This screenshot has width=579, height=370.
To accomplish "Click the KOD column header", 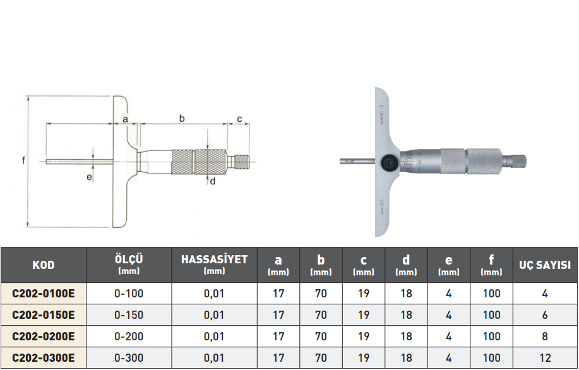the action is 43,265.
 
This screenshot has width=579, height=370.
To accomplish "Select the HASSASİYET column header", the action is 214,265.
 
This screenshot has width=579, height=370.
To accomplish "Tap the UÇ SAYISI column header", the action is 545,265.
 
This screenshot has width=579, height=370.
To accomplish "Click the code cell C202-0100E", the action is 43,294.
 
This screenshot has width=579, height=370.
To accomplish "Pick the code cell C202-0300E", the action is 43,358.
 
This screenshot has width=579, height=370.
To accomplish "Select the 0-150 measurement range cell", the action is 129,315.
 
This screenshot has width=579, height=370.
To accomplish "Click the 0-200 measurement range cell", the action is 129,337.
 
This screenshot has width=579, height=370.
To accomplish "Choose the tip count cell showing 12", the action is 545,358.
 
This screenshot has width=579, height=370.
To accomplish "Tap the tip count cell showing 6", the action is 545,315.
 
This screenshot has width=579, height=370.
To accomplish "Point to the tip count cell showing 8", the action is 545,337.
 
